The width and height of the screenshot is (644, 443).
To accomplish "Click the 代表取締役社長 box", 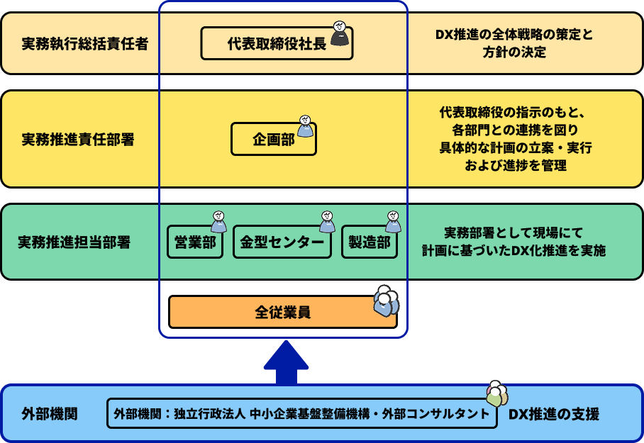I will (270, 44).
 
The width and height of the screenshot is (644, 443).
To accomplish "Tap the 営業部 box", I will (195, 242).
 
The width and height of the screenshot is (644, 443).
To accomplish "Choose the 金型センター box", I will (282, 242).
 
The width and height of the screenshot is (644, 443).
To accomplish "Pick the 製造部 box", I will (369, 242).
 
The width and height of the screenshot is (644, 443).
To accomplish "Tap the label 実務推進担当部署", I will (74, 242).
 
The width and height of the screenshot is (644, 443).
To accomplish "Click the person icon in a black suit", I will (340, 33).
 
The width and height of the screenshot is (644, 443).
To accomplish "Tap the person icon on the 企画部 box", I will (305, 127).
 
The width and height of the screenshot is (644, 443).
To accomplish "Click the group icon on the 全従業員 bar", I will (386, 301).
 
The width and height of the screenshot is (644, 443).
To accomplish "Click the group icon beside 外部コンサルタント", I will (497, 396).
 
